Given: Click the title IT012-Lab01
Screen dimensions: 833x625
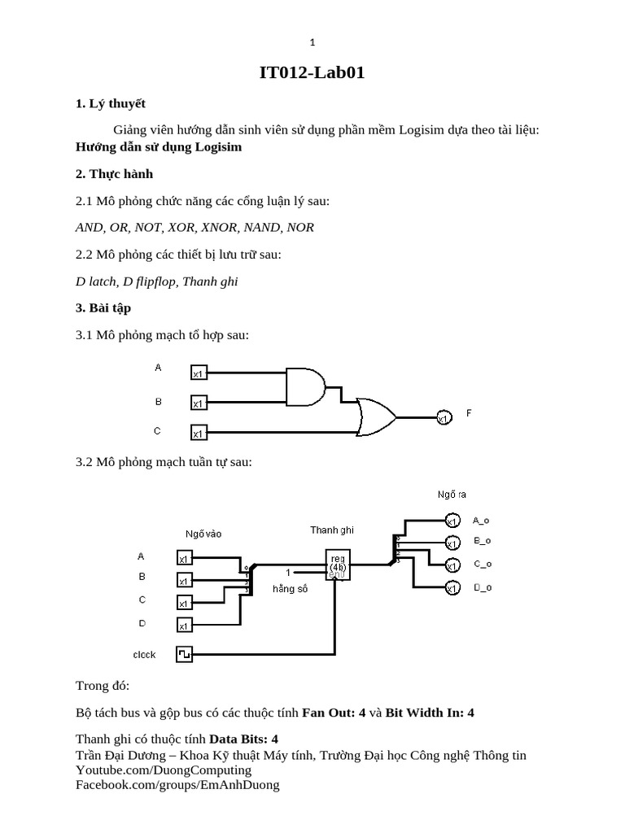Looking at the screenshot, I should tap(312, 73).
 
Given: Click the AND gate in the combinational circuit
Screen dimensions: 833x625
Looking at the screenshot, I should tap(305, 386).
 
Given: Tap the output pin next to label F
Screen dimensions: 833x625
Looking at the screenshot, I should tap(444, 417).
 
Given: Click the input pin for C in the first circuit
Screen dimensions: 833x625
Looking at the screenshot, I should tap(199, 432).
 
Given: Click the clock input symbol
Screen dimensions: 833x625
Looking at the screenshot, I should tap(184, 653).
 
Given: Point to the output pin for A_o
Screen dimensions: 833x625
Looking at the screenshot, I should tap(452, 521).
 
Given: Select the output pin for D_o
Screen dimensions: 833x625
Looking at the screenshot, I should tap(452, 587).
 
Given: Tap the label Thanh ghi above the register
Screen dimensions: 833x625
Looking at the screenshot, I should tap(331, 530).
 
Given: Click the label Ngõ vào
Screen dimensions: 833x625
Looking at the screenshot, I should tap(203, 534).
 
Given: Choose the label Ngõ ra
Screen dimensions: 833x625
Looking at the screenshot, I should tap(452, 494).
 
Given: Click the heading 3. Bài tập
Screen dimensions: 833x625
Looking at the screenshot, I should tap(103, 307).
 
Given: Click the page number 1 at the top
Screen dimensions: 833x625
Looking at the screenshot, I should tap(312, 42).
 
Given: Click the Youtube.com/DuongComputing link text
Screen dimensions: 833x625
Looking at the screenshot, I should tap(164, 770).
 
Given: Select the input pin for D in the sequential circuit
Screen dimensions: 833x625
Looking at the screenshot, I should tap(184, 625).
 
